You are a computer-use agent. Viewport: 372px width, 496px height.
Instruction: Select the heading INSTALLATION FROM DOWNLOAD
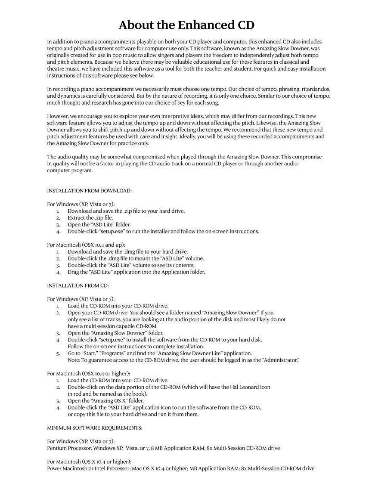[x=89, y=190]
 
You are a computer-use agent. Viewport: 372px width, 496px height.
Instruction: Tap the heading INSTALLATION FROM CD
[x=78, y=285]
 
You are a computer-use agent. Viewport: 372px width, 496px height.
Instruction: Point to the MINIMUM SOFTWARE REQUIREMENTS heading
[x=95, y=428]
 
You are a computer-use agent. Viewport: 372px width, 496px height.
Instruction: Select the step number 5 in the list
[x=58, y=353]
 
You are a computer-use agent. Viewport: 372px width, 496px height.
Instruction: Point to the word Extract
[x=76, y=218]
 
